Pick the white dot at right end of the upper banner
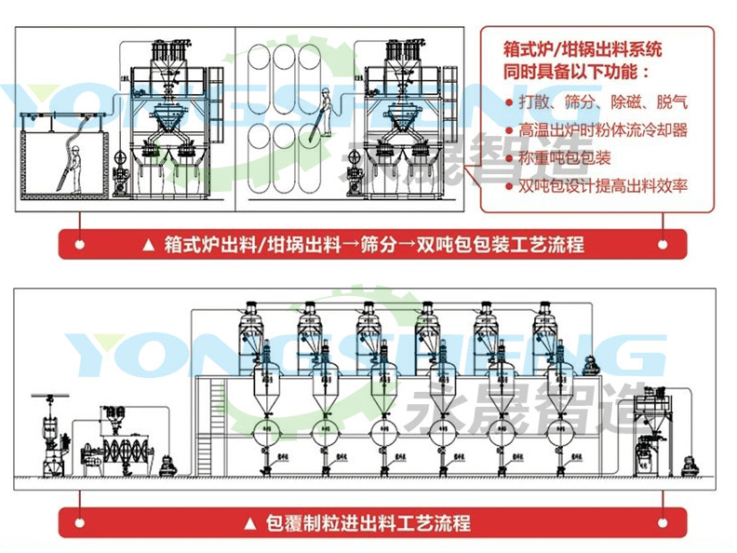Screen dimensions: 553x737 coord(663,245)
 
